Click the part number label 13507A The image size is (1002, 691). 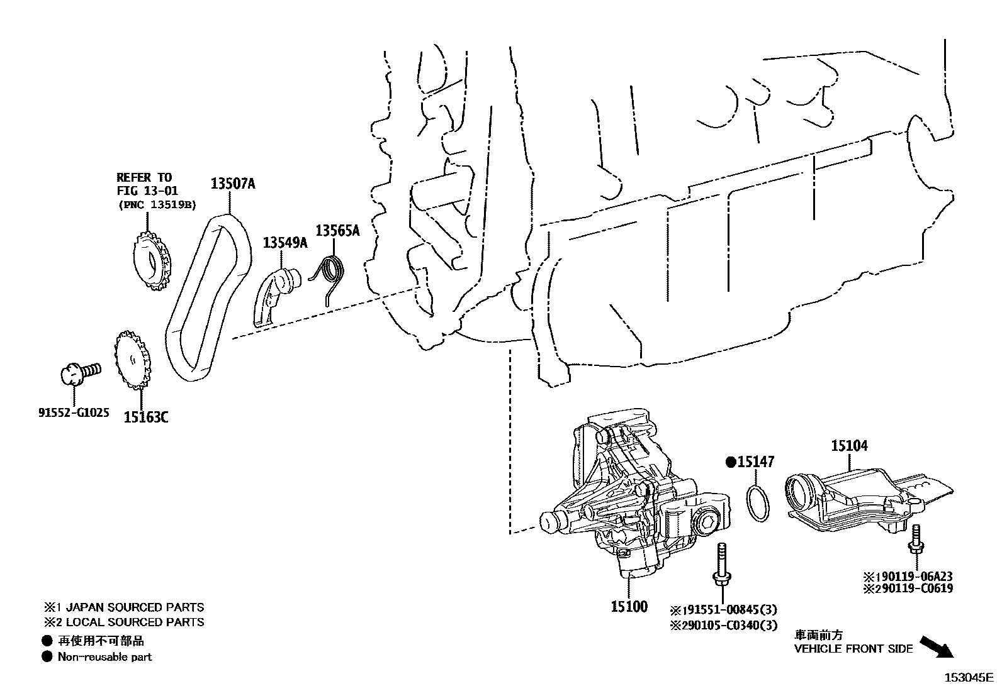233,184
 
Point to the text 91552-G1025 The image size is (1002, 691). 74,413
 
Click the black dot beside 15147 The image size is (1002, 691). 731,462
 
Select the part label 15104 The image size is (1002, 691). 849,446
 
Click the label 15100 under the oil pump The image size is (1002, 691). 629,607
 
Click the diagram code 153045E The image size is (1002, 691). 967,677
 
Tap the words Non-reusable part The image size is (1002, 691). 104,657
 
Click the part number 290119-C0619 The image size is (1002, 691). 913,589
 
